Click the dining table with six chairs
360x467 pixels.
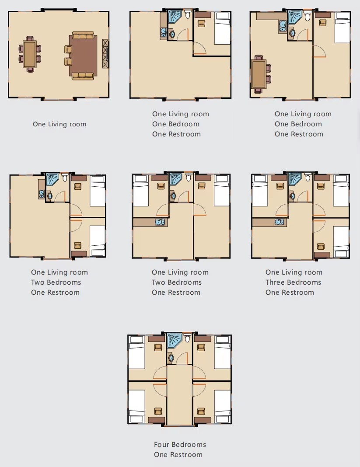pos(30,54)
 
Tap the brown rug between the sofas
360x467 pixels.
pos(83,56)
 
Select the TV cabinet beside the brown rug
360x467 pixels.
pos(105,54)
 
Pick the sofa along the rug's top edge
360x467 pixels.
pos(83,36)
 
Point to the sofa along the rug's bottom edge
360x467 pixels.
pos(83,76)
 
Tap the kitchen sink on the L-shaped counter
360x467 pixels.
pos(283,26)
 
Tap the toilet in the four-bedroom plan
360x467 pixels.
pos(187,338)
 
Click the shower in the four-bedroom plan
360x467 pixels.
pos(175,341)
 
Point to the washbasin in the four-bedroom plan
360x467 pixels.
pos(171,358)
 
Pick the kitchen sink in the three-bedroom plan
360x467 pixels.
pos(280,222)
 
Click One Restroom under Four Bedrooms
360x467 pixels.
pos(178,454)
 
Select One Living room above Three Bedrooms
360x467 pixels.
pos(294,272)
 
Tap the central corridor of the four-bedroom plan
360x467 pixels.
pos(179,394)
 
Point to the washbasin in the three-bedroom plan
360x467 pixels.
pos(292,196)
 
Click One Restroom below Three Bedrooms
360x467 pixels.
pos(290,292)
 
